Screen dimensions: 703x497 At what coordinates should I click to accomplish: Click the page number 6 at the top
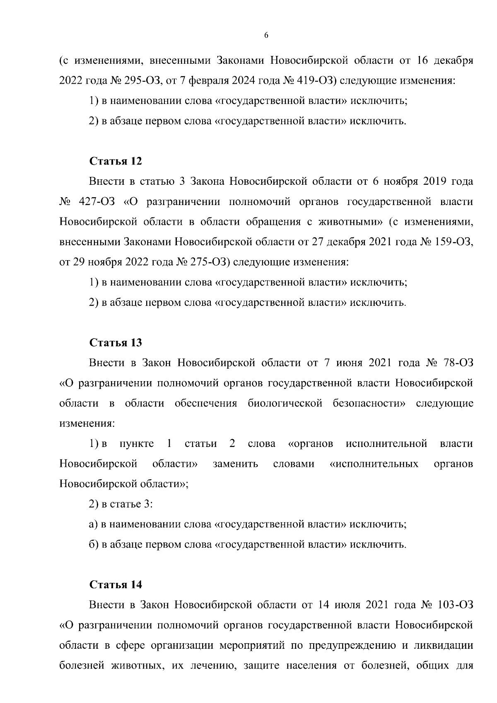(x=266, y=36)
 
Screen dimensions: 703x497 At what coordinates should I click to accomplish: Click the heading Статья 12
(x=116, y=161)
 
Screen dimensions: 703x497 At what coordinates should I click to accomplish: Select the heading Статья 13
(x=116, y=343)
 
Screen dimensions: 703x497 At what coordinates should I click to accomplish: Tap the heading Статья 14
(x=116, y=585)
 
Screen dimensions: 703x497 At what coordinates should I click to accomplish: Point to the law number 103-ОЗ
(x=455, y=605)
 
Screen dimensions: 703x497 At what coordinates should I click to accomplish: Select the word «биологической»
(x=285, y=403)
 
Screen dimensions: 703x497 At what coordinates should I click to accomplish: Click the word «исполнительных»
(x=374, y=464)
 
